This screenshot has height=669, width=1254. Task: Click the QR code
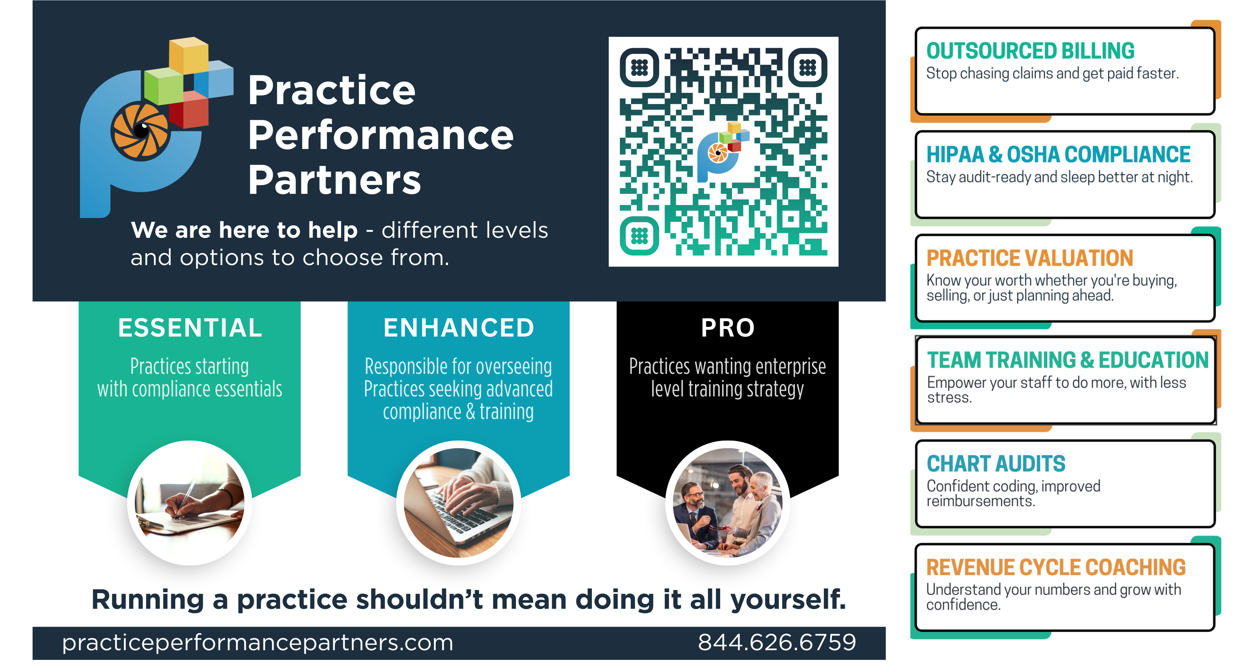click(x=723, y=151)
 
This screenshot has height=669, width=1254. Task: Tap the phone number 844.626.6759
click(x=777, y=642)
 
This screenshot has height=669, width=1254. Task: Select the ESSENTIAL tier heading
click(x=190, y=328)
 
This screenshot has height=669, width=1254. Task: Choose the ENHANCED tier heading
click(x=459, y=328)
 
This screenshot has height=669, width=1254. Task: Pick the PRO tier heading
click(x=728, y=328)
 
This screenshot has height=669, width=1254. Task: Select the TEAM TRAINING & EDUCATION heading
click(x=1067, y=360)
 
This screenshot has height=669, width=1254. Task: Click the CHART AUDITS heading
click(x=996, y=464)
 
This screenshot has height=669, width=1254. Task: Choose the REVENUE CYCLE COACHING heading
click(x=1056, y=568)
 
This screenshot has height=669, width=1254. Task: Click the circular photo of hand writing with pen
click(x=190, y=503)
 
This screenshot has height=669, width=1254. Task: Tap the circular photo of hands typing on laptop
click(x=459, y=503)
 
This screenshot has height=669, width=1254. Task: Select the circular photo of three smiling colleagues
click(x=728, y=503)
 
